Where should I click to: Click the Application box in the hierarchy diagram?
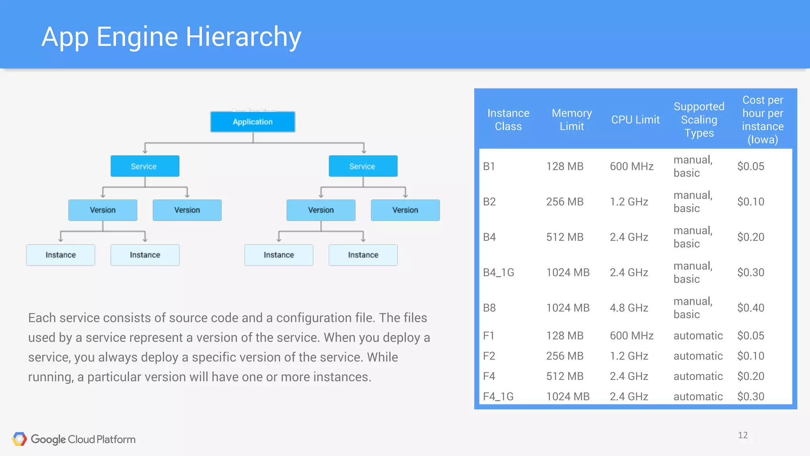(x=253, y=122)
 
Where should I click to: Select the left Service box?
(x=145, y=166)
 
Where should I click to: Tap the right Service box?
(x=363, y=166)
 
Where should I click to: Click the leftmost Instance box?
(x=61, y=255)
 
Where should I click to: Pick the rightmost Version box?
(x=405, y=210)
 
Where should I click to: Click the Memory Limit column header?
(x=572, y=120)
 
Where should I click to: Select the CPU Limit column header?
(x=635, y=120)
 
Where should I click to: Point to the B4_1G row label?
(x=498, y=272)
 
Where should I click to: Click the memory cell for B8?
(x=568, y=308)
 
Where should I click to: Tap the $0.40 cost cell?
(x=750, y=308)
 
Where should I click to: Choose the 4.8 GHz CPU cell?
(x=628, y=308)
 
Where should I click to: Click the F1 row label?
(x=489, y=336)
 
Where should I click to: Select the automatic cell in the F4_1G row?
(x=698, y=396)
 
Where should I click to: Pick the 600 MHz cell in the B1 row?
(x=631, y=166)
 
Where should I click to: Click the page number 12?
(x=742, y=435)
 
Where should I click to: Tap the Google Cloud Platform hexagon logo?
(x=19, y=439)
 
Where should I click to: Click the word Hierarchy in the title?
(x=243, y=37)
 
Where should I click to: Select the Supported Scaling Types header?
(x=699, y=120)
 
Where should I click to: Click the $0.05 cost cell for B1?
(x=750, y=166)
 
